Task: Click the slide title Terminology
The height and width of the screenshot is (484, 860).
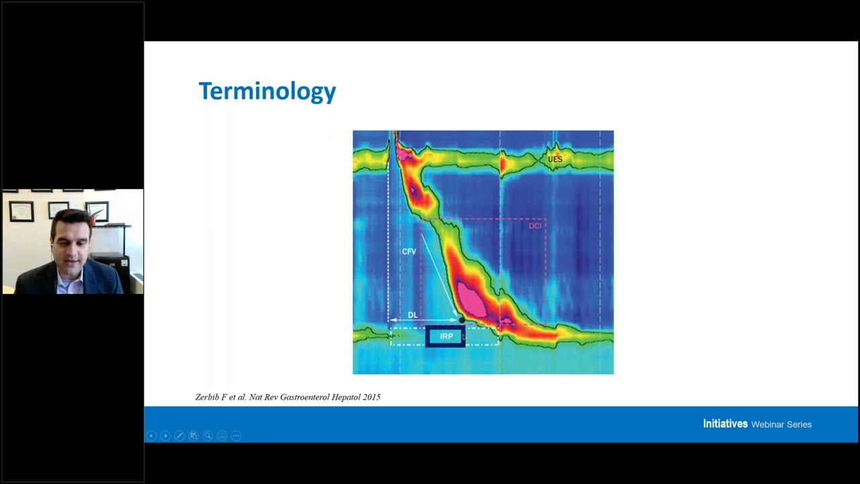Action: coord(267,91)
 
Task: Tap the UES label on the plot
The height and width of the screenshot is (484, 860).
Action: coord(555,159)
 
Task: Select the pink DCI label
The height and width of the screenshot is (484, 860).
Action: coord(535,226)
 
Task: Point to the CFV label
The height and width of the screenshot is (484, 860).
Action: coord(408,251)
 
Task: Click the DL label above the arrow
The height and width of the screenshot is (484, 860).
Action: coord(413,315)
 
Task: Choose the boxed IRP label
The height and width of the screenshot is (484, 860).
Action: coord(446,336)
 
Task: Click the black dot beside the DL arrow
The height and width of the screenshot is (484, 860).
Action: coord(461,320)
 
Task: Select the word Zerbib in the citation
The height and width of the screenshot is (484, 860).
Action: coord(207,397)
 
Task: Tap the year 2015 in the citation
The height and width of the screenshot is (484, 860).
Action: coord(372,397)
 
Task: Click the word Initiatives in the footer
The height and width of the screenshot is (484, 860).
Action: coord(725,424)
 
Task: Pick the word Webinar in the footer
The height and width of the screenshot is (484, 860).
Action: coord(766,424)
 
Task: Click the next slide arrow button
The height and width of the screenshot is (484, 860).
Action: coord(165,436)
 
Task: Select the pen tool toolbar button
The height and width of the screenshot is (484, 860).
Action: coord(179,436)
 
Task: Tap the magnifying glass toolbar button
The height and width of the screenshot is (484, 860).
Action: coord(208,436)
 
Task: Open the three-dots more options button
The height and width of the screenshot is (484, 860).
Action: coord(236,436)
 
